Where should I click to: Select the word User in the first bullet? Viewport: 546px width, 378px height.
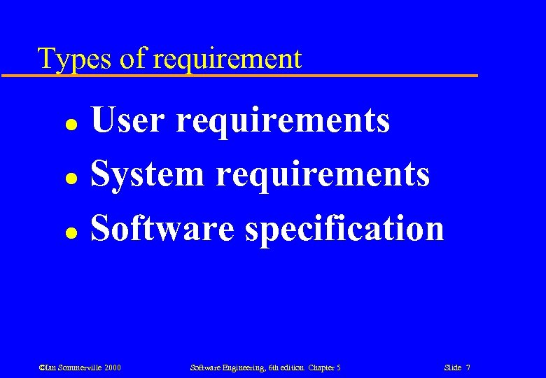(128, 120)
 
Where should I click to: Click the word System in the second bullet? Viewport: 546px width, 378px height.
(147, 174)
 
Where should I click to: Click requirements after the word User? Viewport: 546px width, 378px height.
(283, 121)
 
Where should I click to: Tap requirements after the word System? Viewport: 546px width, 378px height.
(323, 175)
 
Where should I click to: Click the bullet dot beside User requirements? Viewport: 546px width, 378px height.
(71, 124)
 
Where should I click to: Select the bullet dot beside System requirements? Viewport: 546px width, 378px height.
(71, 178)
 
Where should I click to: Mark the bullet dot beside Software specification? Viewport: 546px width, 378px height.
(71, 232)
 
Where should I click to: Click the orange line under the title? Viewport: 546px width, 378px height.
(238, 75)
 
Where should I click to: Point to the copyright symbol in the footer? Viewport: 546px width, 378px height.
(42, 367)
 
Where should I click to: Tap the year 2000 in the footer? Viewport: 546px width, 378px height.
(113, 367)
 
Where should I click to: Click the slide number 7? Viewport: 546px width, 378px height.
(468, 367)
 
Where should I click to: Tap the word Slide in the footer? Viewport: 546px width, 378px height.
(452, 367)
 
